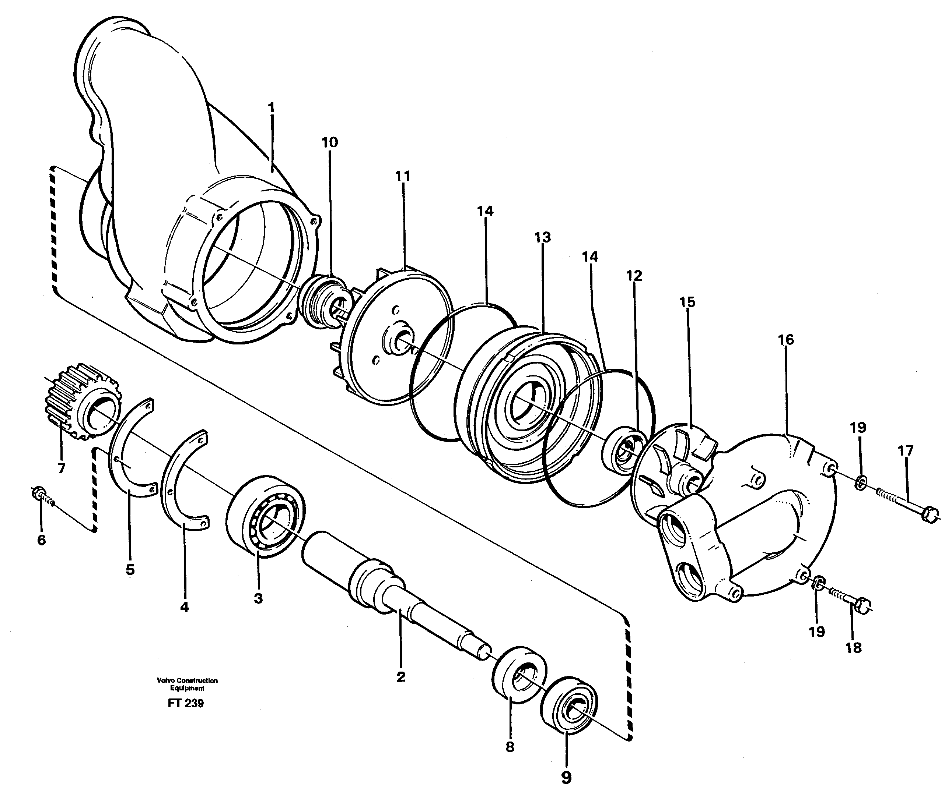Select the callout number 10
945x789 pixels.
(x=329, y=142)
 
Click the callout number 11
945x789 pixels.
(x=403, y=176)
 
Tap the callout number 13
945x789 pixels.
(x=542, y=237)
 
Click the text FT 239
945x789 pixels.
(x=185, y=703)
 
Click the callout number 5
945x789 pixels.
(x=130, y=570)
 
